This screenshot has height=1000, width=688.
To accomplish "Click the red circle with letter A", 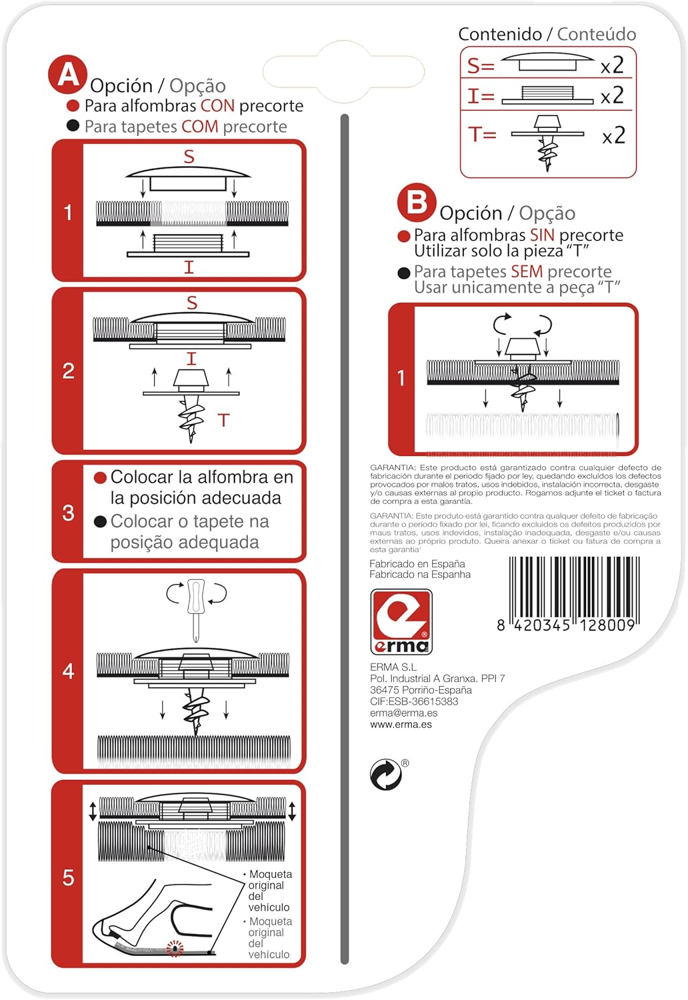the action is (x=67, y=75).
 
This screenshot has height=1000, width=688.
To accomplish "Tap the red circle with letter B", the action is (x=417, y=202).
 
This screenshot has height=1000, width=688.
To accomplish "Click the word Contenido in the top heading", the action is (x=500, y=34).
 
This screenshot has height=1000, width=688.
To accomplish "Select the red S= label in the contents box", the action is (x=481, y=66).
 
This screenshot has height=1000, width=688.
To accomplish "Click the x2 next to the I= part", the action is (x=612, y=95).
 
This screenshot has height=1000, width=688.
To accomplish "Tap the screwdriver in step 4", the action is (x=196, y=610).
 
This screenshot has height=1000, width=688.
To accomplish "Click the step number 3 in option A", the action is (x=68, y=513).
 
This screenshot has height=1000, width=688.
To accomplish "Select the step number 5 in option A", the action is (x=68, y=878).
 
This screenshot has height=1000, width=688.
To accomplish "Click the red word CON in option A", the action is (x=217, y=106).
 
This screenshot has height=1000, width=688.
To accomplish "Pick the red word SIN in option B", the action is (x=542, y=235).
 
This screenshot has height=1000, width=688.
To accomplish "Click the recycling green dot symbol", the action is (x=386, y=773).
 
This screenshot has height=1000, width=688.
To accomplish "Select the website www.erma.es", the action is (x=401, y=724).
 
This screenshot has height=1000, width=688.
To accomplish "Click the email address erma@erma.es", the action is (x=403, y=713).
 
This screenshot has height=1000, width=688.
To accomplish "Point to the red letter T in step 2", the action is (x=224, y=420).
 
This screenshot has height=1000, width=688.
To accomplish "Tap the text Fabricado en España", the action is (x=417, y=563).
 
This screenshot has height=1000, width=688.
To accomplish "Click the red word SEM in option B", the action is (x=527, y=271).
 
